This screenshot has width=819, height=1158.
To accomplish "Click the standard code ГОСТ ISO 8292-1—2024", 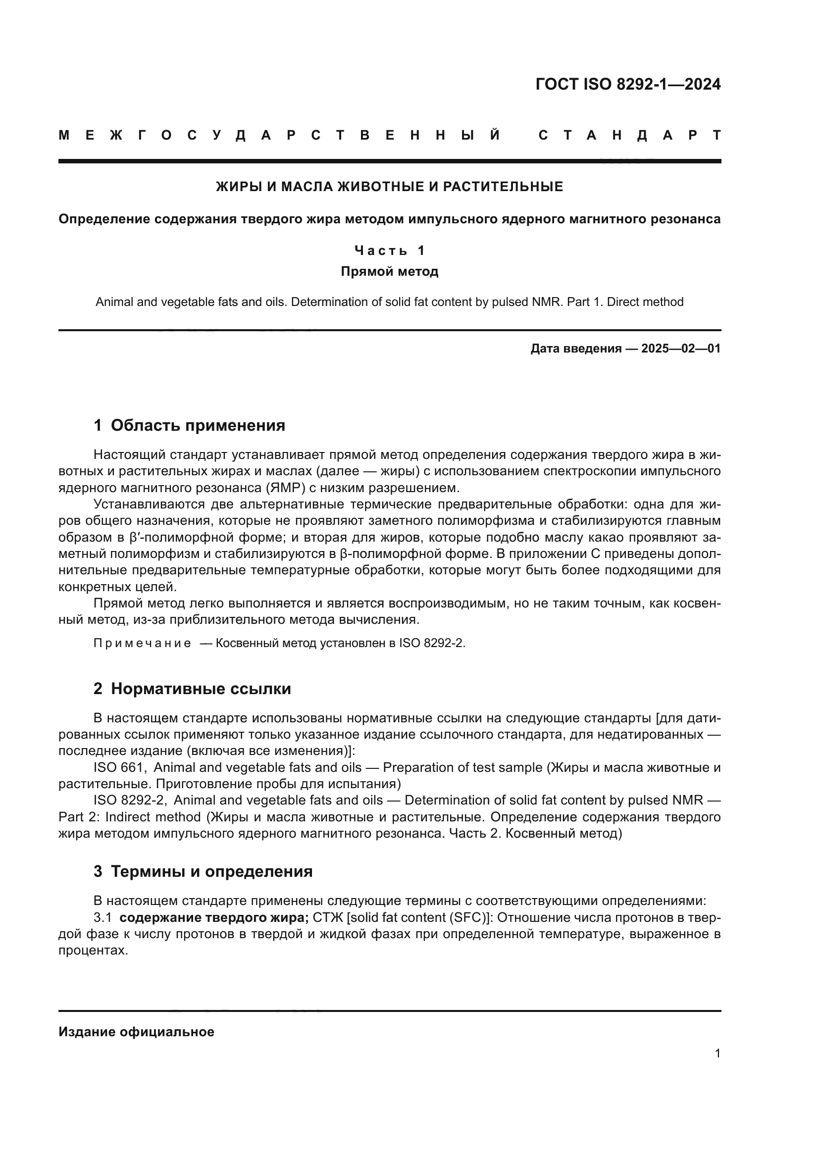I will click(628, 84).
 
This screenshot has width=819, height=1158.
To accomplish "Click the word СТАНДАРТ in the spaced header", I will click(629, 136).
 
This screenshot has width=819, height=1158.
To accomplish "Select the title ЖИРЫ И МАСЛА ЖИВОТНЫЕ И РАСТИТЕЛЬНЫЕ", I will click(389, 187).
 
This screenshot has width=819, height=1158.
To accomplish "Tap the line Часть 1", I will click(389, 251).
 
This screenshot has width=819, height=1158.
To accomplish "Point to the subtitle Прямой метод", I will click(389, 272).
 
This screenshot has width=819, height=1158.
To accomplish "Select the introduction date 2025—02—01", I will click(681, 349).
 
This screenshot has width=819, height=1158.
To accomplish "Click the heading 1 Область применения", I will click(189, 425).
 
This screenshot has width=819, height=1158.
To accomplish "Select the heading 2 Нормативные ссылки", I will click(192, 689).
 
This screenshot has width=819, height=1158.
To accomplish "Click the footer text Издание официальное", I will click(136, 1032).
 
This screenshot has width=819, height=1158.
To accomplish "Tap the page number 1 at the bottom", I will click(717, 1054).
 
